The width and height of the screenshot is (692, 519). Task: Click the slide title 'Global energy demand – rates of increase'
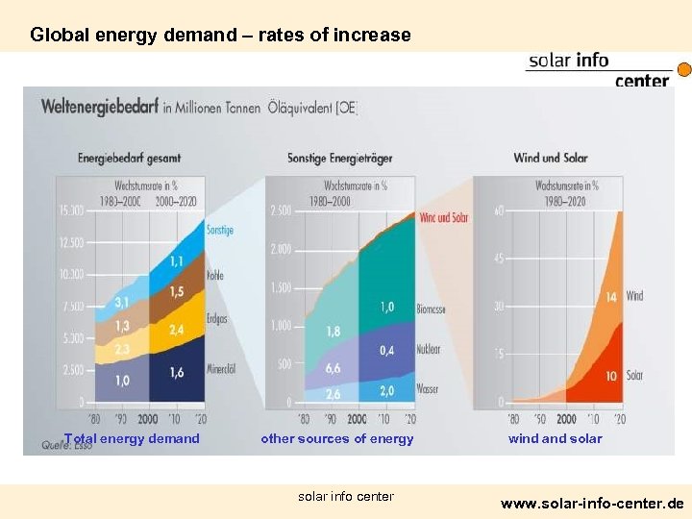tap(220, 36)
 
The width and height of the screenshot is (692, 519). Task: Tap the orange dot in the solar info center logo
tap(684, 70)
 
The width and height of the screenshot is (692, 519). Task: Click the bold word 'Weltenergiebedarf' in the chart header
tap(101, 108)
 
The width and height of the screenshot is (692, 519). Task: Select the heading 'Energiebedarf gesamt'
tap(129, 158)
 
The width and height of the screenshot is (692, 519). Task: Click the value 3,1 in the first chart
tap(123, 302)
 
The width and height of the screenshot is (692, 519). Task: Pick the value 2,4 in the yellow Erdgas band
tap(177, 330)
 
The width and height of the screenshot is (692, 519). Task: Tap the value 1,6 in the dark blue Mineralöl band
tap(177, 373)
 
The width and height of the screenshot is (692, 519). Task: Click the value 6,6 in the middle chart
tap(334, 368)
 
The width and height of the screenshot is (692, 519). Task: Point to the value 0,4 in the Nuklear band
tap(386, 351)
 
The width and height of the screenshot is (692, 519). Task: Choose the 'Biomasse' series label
tap(431, 309)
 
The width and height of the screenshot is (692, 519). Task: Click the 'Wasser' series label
tap(428, 389)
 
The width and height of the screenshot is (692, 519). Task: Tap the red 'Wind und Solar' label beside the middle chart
tap(445, 217)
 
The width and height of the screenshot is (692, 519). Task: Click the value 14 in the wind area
tap(610, 298)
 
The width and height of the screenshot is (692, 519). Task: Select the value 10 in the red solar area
tap(610, 376)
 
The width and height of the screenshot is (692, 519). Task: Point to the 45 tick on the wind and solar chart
tap(499, 259)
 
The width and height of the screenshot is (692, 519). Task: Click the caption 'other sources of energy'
tap(337, 439)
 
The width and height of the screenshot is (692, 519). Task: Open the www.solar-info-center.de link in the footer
tap(592, 503)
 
